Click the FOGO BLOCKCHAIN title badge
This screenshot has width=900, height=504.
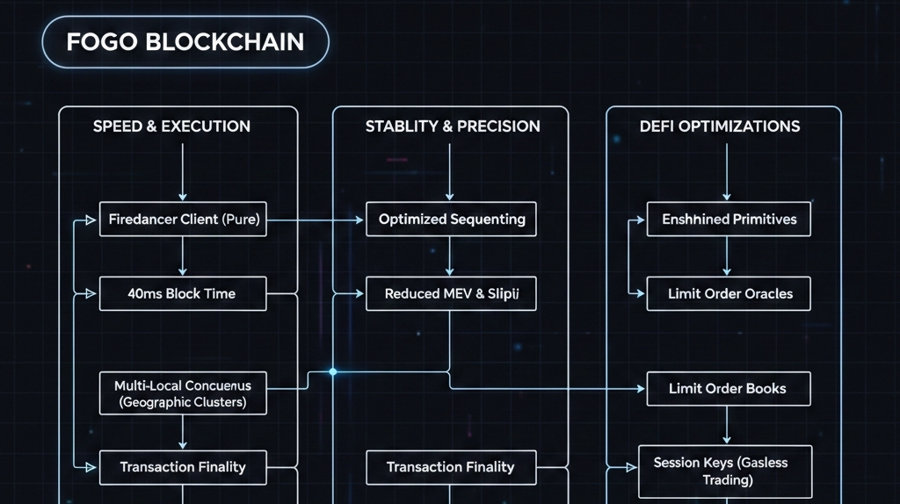tap(185, 42)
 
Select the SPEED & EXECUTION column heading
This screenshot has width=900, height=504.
tap(171, 126)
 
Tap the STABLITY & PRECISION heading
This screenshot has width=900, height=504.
tap(453, 126)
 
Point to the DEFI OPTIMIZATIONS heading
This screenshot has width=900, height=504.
tap(720, 126)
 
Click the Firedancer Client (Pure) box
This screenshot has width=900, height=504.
tap(183, 219)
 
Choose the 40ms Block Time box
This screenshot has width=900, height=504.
tap(183, 293)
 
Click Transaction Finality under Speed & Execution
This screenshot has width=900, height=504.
tap(183, 467)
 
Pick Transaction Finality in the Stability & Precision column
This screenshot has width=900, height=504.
tap(450, 467)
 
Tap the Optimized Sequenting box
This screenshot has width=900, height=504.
tap(451, 219)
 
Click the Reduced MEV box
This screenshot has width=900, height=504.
tap(451, 293)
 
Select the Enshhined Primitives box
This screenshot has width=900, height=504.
tap(729, 219)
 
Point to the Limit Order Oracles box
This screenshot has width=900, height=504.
tap(729, 293)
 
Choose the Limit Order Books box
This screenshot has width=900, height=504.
tap(728, 388)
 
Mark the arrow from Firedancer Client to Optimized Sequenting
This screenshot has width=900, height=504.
tap(316, 220)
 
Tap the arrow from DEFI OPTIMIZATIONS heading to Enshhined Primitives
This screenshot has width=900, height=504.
tap(727, 171)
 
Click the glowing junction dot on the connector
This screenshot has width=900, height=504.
tap(332, 372)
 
